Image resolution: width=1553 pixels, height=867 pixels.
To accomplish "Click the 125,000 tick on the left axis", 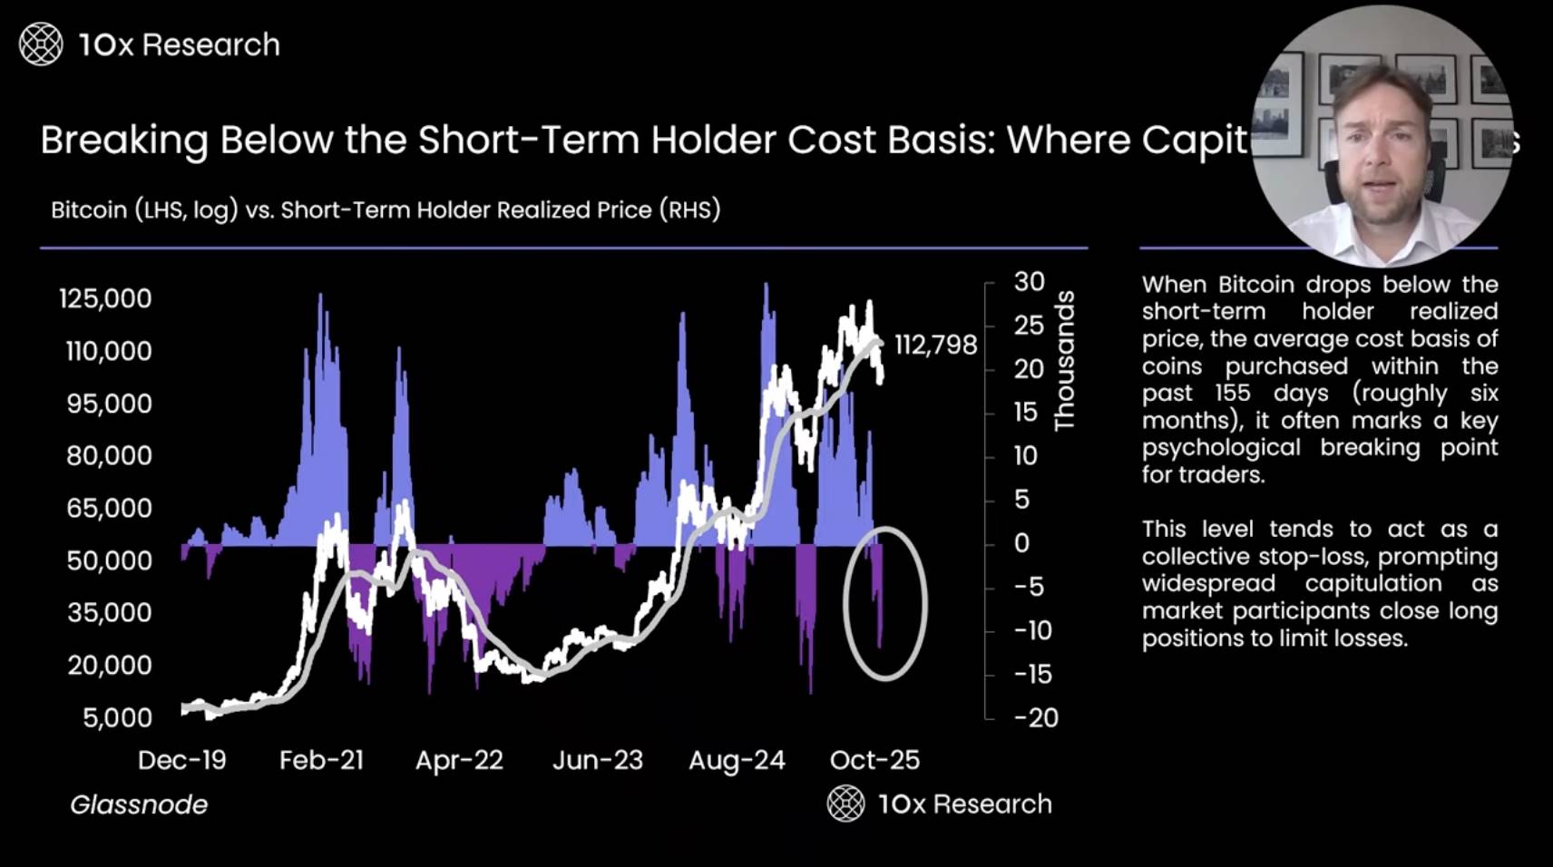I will [x=105, y=298].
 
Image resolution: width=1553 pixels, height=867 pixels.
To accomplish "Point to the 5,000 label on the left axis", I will [x=118, y=718].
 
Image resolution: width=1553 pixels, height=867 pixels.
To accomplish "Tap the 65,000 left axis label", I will [x=109, y=508].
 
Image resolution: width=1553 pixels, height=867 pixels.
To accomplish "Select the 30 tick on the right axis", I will [x=1030, y=282].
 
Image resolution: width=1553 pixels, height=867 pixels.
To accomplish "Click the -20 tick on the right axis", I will [x=1037, y=718].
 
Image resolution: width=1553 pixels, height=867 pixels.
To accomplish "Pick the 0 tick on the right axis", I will [x=1022, y=543].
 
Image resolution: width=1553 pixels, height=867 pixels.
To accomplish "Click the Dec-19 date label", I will [x=181, y=760].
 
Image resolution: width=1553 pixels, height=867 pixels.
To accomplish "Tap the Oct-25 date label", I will [x=874, y=760].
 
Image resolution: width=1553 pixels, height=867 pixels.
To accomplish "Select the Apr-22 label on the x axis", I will [x=459, y=760].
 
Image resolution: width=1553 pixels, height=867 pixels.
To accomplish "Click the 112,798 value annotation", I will [x=935, y=346].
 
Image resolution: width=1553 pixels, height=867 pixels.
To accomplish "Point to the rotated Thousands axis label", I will [x=1065, y=361].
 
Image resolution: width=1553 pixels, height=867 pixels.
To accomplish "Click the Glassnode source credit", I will [x=139, y=804].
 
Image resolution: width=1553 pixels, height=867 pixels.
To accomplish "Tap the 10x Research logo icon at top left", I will [x=41, y=44].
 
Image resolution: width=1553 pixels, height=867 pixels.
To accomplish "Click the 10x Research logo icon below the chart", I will [x=845, y=804].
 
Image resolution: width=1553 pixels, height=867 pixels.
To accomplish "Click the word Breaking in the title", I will [x=124, y=141].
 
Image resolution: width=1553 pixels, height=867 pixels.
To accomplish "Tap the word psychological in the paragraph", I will [x=1221, y=448].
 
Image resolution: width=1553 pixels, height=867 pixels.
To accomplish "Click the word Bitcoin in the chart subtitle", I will [x=89, y=210].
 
